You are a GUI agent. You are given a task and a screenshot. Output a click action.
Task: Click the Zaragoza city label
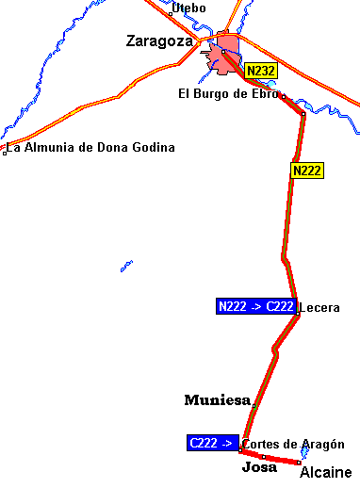159,41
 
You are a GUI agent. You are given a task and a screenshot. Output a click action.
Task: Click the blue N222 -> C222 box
255,306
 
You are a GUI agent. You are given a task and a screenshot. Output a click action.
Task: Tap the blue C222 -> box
213,442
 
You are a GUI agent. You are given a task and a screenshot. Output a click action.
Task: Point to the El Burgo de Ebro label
228,93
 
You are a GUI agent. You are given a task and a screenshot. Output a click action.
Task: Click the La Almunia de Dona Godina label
91,148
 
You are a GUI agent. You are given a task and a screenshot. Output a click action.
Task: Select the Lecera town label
319,308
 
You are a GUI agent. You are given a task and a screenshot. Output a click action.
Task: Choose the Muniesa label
217,400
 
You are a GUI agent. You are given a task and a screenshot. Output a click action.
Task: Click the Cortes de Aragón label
293,445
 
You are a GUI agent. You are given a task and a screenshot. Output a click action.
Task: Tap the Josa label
259,467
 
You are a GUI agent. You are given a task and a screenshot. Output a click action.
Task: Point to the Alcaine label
325,473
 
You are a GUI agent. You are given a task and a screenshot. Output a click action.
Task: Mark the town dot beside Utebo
170,14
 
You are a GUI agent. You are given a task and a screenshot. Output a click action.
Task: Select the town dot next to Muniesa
254,405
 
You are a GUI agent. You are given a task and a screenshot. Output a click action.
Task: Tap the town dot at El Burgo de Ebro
283,96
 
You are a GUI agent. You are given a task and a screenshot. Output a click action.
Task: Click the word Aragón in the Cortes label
325,445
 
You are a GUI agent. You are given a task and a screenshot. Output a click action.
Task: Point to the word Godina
154,148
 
